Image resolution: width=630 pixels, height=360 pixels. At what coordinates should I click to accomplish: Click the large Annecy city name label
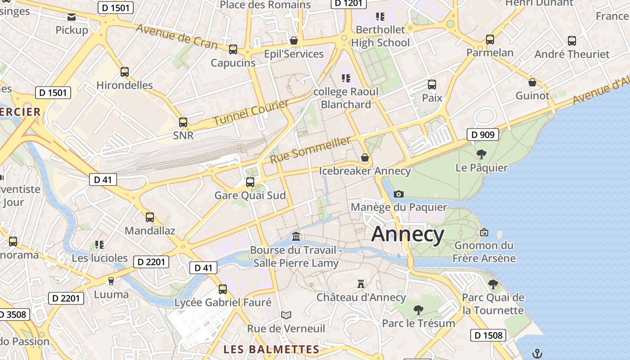click(408, 234)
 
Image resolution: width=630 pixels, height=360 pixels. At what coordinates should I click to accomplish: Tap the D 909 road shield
click(483, 134)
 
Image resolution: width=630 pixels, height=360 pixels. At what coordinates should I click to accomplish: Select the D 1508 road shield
click(488, 335)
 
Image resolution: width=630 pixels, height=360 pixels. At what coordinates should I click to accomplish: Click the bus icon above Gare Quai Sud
click(250, 182)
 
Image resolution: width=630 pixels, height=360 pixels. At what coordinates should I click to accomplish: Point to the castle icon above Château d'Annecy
click(360, 283)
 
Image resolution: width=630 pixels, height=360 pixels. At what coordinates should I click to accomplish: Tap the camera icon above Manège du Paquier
click(398, 194)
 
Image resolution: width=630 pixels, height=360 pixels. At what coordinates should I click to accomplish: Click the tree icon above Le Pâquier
click(481, 154)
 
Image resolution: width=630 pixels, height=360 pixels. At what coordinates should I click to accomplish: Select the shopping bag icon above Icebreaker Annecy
click(364, 157)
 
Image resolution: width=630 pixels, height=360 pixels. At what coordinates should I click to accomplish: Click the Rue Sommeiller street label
click(310, 150)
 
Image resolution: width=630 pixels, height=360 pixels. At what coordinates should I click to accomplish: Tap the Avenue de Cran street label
click(176, 36)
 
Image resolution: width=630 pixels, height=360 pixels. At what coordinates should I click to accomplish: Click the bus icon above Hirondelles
click(125, 72)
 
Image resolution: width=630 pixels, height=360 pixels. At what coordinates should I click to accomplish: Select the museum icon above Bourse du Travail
click(296, 236)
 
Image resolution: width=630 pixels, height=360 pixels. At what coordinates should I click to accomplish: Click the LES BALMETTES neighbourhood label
click(271, 349)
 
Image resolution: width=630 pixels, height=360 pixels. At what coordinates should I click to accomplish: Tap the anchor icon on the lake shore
click(536, 353)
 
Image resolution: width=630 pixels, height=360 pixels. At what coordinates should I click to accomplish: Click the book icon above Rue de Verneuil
click(286, 315)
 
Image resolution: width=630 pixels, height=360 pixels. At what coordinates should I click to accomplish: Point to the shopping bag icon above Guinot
click(532, 82)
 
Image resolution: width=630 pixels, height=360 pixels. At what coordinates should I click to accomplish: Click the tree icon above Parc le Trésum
click(418, 310)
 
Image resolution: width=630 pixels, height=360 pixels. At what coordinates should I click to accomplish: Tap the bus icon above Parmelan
click(490, 40)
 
